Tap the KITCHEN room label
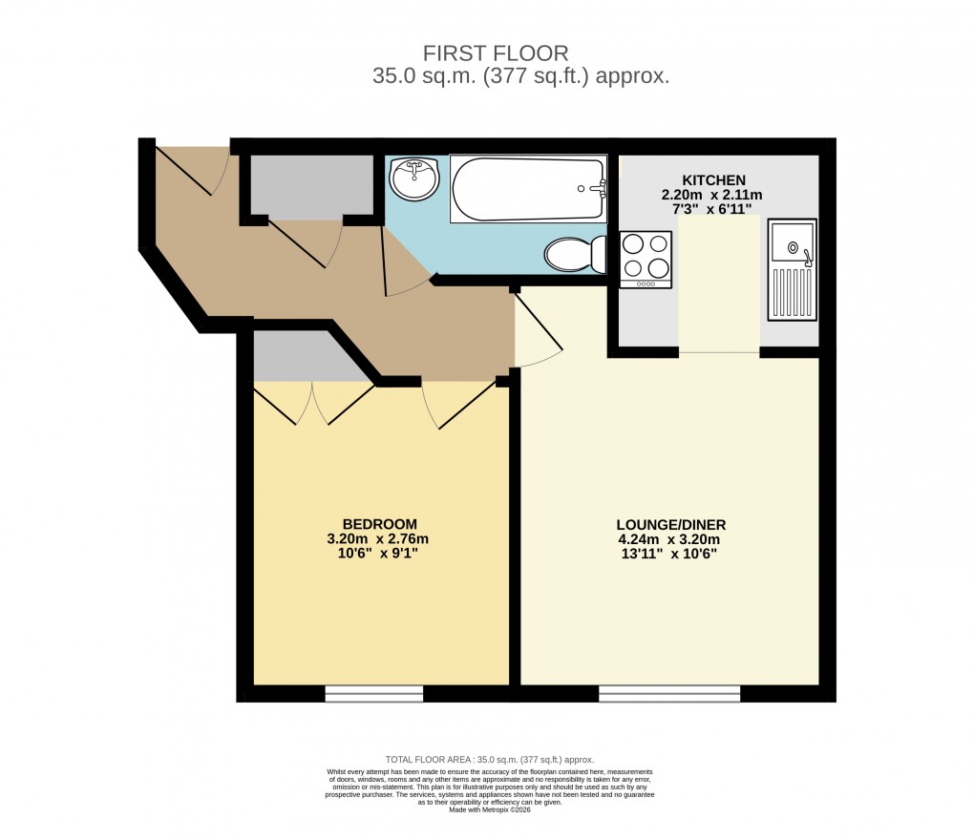[713, 180]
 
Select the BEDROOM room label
[379, 524]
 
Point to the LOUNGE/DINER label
[671, 524]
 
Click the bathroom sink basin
[414, 179]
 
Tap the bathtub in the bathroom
[527, 189]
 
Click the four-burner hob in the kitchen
[646, 259]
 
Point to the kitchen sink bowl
[794, 244]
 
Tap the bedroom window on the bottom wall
[373, 694]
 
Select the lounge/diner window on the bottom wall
[669, 694]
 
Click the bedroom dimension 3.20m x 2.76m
[379, 539]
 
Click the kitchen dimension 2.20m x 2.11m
[713, 195]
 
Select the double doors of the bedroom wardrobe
[312, 403]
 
